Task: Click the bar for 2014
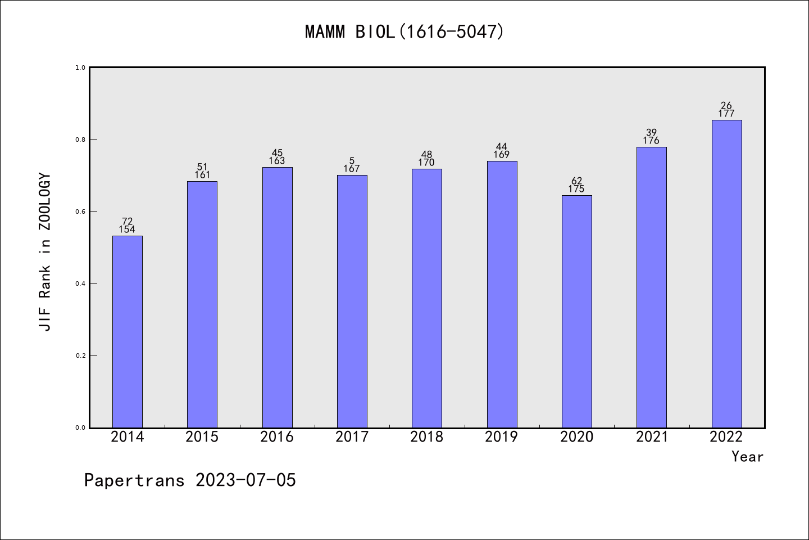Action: pyautogui.click(x=127, y=331)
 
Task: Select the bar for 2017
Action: pyautogui.click(x=352, y=301)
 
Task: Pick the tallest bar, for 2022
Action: pyautogui.click(x=726, y=273)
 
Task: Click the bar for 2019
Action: pyautogui.click(x=502, y=294)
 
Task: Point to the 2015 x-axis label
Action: pyautogui.click(x=202, y=437)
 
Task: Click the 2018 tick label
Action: pyautogui.click(x=426, y=437)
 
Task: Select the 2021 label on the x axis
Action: pyautogui.click(x=651, y=437)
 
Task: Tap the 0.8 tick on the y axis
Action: pyautogui.click(x=80, y=139)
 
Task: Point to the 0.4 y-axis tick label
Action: pyautogui.click(x=80, y=283)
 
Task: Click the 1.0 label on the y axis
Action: pyautogui.click(x=80, y=67)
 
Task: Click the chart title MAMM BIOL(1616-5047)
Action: pyautogui.click(x=404, y=31)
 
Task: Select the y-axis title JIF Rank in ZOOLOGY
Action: pyautogui.click(x=45, y=252)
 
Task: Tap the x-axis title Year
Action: pyautogui.click(x=747, y=457)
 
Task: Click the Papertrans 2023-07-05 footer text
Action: pyautogui.click(x=190, y=480)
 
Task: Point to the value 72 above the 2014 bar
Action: pyautogui.click(x=127, y=221)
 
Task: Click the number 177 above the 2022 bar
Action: pyautogui.click(x=726, y=114)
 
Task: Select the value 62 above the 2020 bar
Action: pyautogui.click(x=576, y=181)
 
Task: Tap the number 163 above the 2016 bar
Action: pyautogui.click(x=277, y=161)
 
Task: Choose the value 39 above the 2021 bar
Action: pyautogui.click(x=651, y=132)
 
